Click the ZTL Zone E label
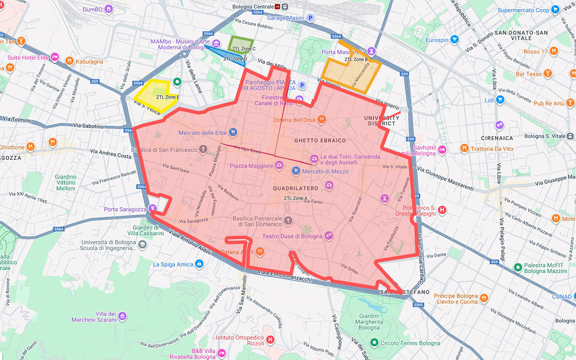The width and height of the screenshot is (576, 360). tap(168, 97)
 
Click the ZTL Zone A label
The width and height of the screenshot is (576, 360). tap(295, 198)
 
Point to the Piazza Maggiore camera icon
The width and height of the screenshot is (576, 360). tap(279, 166)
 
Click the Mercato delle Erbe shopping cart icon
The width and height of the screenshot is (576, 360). tap(233, 132)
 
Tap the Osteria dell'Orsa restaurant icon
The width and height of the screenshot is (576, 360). tap(321, 119)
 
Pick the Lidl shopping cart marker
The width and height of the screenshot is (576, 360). tap(500, 100)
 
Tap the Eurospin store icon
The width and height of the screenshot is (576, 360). tap(454, 39)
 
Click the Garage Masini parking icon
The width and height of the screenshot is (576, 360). tap(311, 18)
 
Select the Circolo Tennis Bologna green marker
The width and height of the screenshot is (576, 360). tap(374, 343)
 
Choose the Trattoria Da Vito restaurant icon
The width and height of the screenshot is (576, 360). tap(464, 148)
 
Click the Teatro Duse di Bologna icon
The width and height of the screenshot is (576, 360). tap(328, 236)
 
